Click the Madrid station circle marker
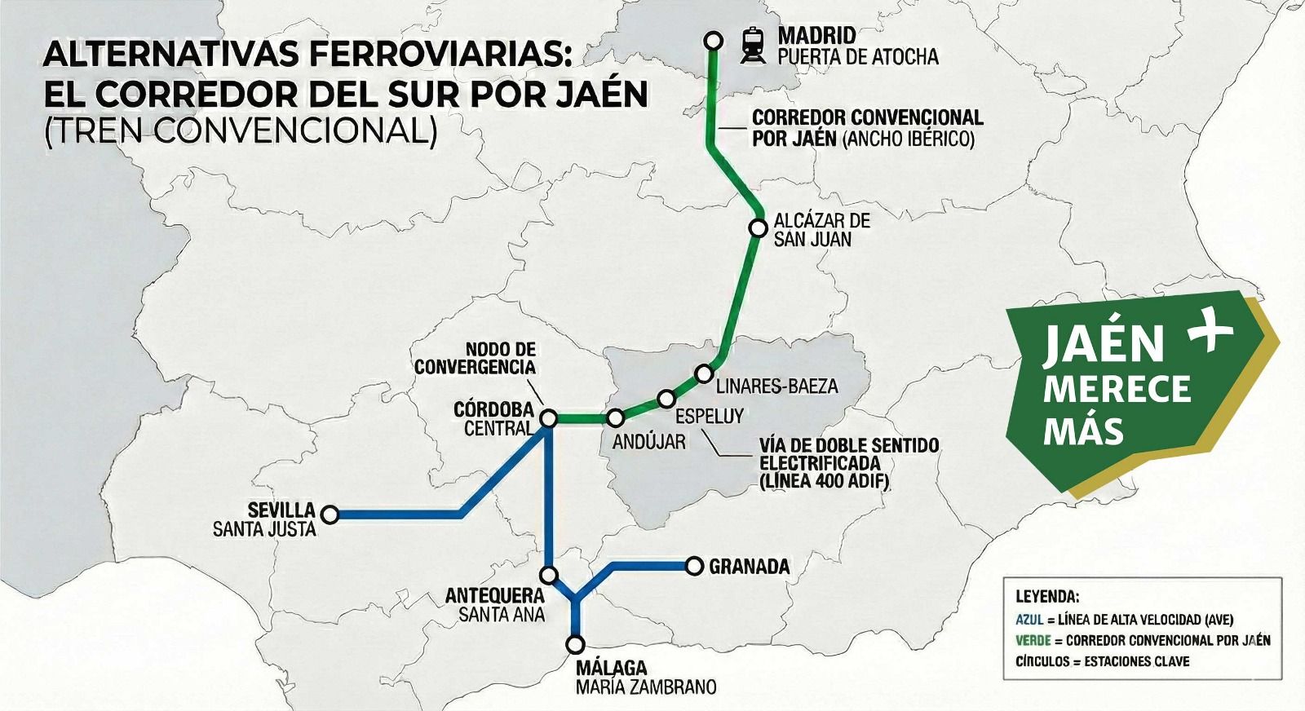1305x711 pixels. [714, 40]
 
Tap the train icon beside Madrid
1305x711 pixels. [752, 45]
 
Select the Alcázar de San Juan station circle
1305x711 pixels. [759, 228]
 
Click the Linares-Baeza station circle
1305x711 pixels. [704, 373]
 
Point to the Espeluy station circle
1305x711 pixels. [666, 399]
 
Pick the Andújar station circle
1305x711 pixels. [616, 418]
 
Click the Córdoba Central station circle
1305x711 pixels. [549, 418]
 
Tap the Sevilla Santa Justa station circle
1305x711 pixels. [330, 514]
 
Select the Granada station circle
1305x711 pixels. [694, 566]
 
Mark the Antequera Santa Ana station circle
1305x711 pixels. [550, 575]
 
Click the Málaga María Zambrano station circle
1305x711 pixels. [576, 644]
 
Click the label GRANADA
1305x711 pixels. [749, 567]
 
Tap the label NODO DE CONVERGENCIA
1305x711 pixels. [475, 359]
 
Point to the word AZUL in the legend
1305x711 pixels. [1029, 619]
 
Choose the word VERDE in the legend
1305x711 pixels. [1033, 640]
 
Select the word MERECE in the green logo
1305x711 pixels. [1117, 389]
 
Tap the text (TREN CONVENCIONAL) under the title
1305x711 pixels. [241, 130]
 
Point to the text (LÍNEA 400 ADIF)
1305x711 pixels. [824, 481]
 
